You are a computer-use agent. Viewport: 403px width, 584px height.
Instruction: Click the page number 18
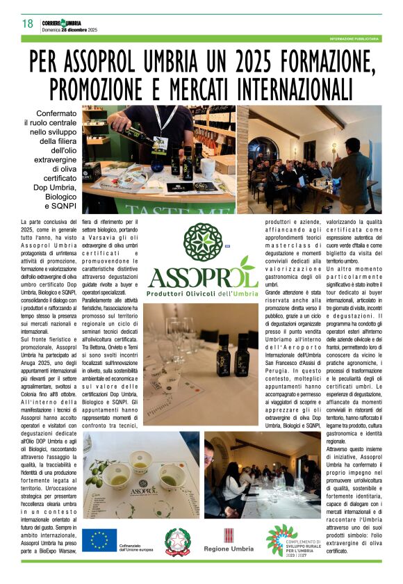click(x=28, y=24)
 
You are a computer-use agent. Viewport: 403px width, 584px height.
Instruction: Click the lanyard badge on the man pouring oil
click(x=159, y=145)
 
